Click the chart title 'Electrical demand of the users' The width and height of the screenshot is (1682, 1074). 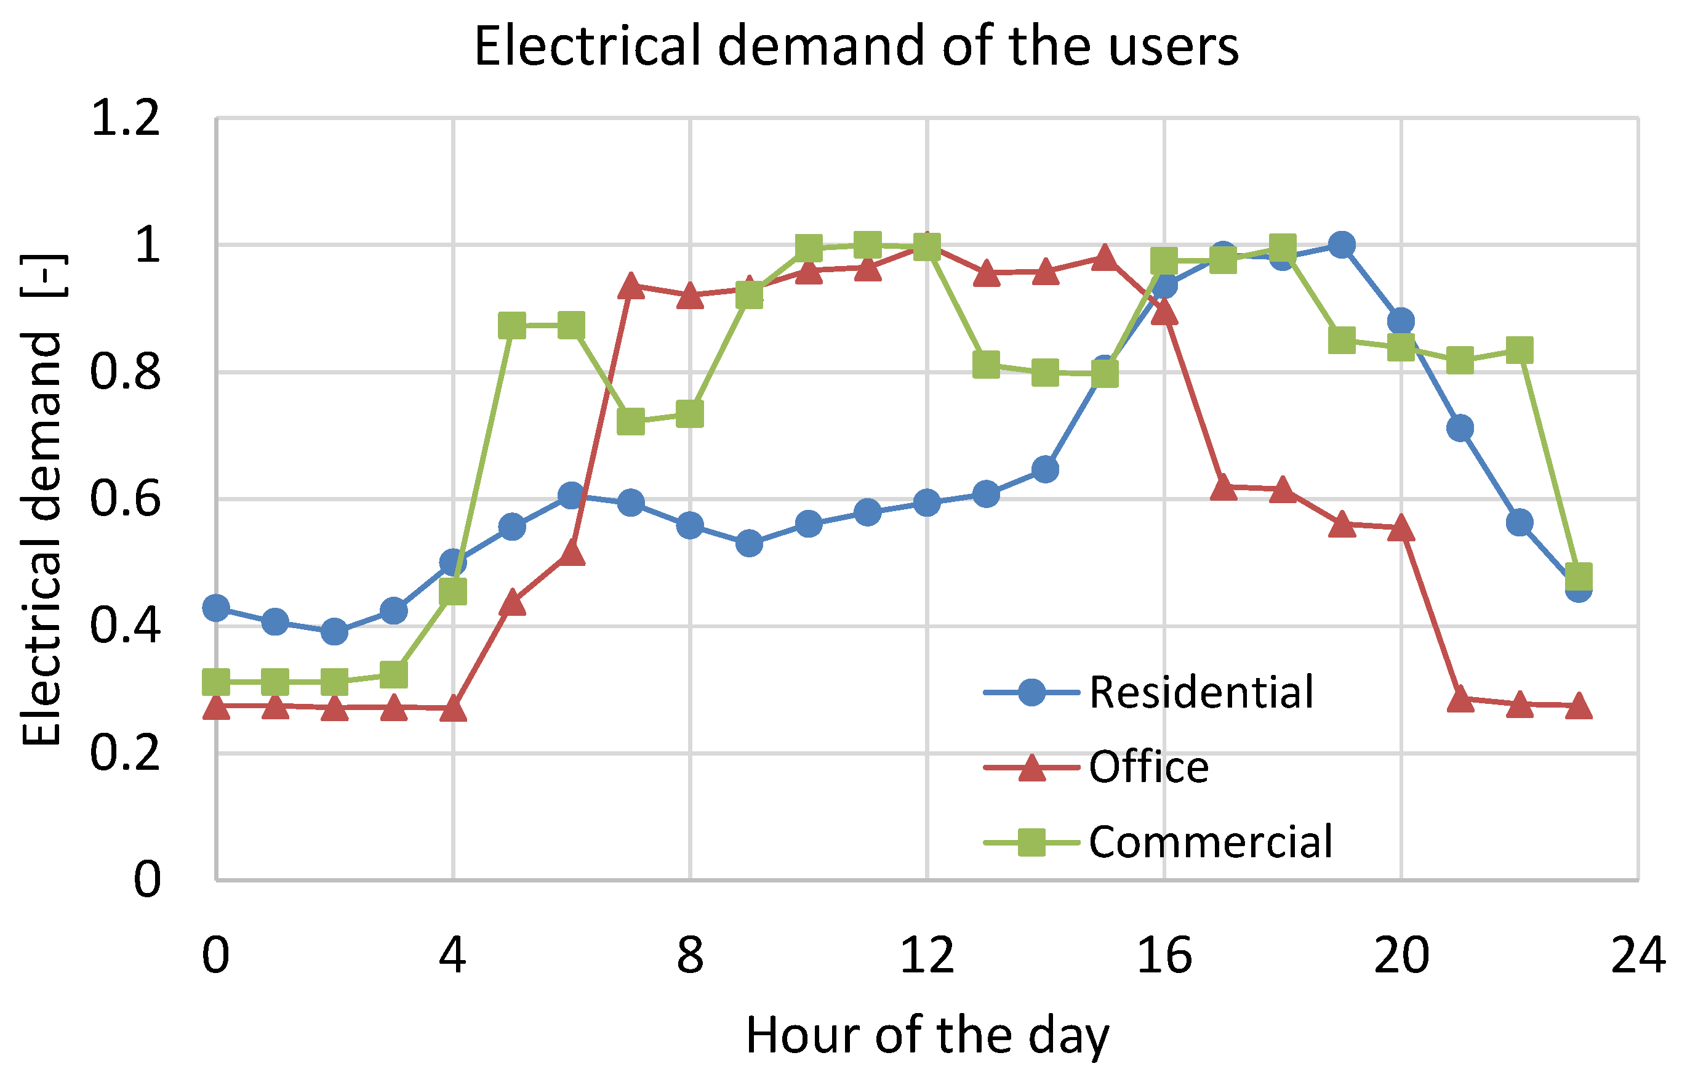[856, 46]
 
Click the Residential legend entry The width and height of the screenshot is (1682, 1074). [1201, 692]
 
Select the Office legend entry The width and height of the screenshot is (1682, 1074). [1148, 767]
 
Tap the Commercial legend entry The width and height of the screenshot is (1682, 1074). [1211, 841]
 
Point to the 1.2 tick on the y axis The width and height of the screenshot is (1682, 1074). [126, 118]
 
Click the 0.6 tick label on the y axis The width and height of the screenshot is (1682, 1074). [126, 499]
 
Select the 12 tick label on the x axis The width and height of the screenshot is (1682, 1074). [926, 956]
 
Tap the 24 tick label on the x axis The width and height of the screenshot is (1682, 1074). [1637, 956]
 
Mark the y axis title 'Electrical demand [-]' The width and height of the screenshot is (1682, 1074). [42, 499]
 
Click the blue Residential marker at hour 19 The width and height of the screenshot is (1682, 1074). [1341, 245]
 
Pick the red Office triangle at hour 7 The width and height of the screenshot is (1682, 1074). [631, 286]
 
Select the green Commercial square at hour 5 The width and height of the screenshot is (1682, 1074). [512, 326]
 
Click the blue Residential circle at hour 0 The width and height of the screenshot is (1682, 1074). [216, 608]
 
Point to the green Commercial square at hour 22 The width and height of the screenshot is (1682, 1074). [1520, 349]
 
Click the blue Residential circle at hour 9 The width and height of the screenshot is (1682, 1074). [749, 543]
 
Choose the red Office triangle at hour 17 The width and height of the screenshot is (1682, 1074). [1223, 487]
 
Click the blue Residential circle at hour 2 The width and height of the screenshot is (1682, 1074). [334, 632]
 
